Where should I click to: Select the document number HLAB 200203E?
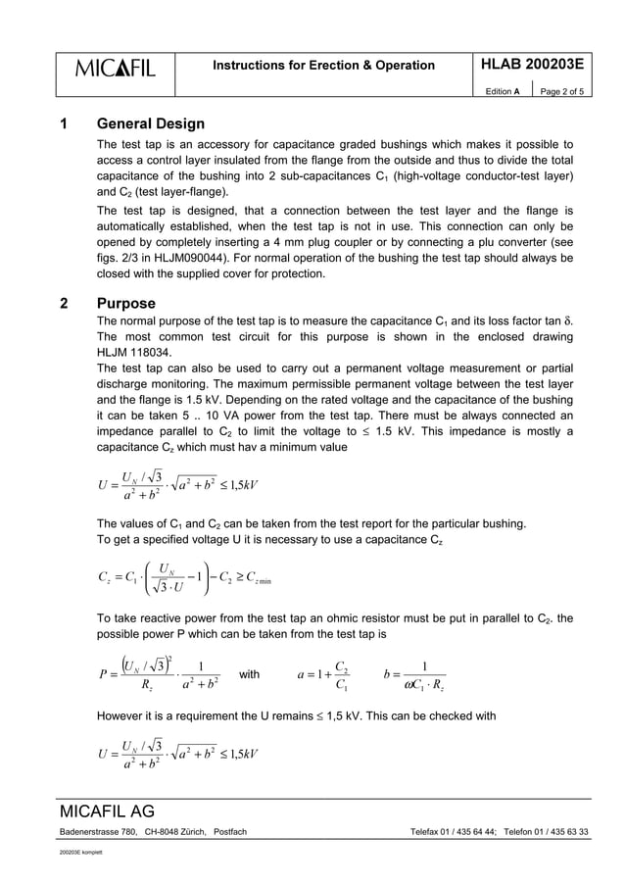coord(532,65)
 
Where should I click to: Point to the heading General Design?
coord(151,124)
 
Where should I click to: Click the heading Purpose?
coord(127,304)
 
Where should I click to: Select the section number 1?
coord(64,124)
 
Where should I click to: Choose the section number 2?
coord(64,304)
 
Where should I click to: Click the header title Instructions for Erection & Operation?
coord(324,66)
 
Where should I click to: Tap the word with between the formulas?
coord(250,674)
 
